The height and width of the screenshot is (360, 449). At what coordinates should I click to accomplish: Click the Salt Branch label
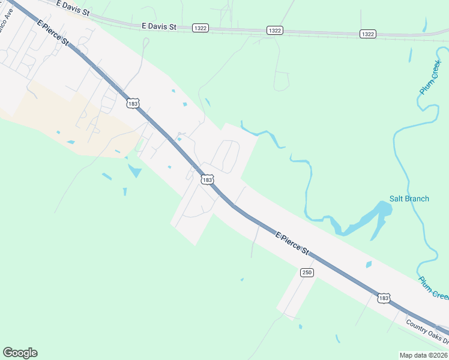click(409, 199)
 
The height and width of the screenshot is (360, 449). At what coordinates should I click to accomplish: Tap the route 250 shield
click(307, 272)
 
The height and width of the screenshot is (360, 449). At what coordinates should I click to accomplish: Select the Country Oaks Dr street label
click(427, 332)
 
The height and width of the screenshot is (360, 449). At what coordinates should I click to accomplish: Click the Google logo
click(20, 352)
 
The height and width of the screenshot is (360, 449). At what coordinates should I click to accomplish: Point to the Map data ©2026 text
click(423, 355)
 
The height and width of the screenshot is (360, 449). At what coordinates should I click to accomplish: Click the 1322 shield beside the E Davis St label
click(200, 28)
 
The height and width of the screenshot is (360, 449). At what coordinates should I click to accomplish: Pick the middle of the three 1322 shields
click(275, 31)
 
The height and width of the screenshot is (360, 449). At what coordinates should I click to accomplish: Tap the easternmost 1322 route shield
click(368, 34)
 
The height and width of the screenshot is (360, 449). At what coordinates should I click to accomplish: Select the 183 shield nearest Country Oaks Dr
click(384, 298)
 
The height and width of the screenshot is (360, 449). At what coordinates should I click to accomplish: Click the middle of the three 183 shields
click(207, 179)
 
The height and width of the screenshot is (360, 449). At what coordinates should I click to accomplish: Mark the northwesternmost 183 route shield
click(133, 103)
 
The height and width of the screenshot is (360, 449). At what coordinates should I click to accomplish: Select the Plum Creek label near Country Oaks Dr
click(433, 287)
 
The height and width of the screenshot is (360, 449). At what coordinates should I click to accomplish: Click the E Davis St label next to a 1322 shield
click(159, 26)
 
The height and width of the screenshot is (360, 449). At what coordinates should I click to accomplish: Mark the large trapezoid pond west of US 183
click(135, 171)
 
